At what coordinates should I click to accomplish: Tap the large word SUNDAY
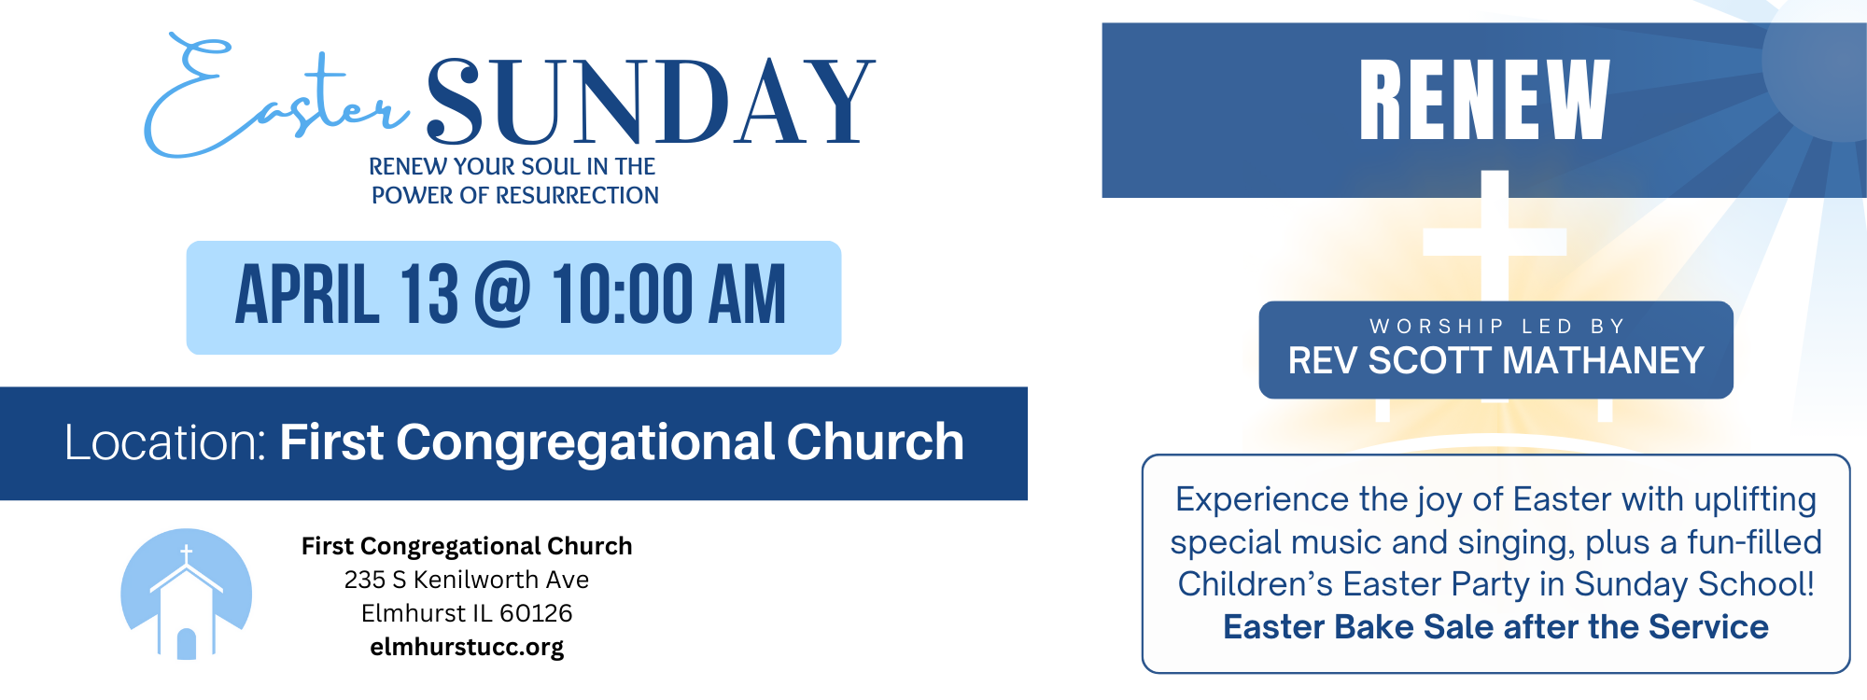(x=651, y=102)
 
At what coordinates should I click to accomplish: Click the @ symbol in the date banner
(x=502, y=294)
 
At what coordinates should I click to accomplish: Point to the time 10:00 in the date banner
(x=622, y=295)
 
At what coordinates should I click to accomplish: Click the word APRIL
(x=307, y=295)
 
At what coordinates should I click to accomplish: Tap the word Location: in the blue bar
(x=166, y=442)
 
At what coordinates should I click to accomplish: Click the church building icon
(x=187, y=595)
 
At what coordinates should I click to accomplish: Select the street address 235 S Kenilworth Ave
(x=467, y=580)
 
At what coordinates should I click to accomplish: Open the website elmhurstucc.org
(x=467, y=647)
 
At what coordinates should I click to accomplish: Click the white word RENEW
(x=1484, y=100)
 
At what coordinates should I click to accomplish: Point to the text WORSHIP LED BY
(x=1497, y=327)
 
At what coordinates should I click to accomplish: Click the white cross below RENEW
(x=1495, y=241)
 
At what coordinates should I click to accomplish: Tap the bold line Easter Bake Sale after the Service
(x=1495, y=627)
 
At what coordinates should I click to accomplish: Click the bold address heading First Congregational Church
(x=467, y=546)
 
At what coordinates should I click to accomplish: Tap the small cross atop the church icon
(x=187, y=554)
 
